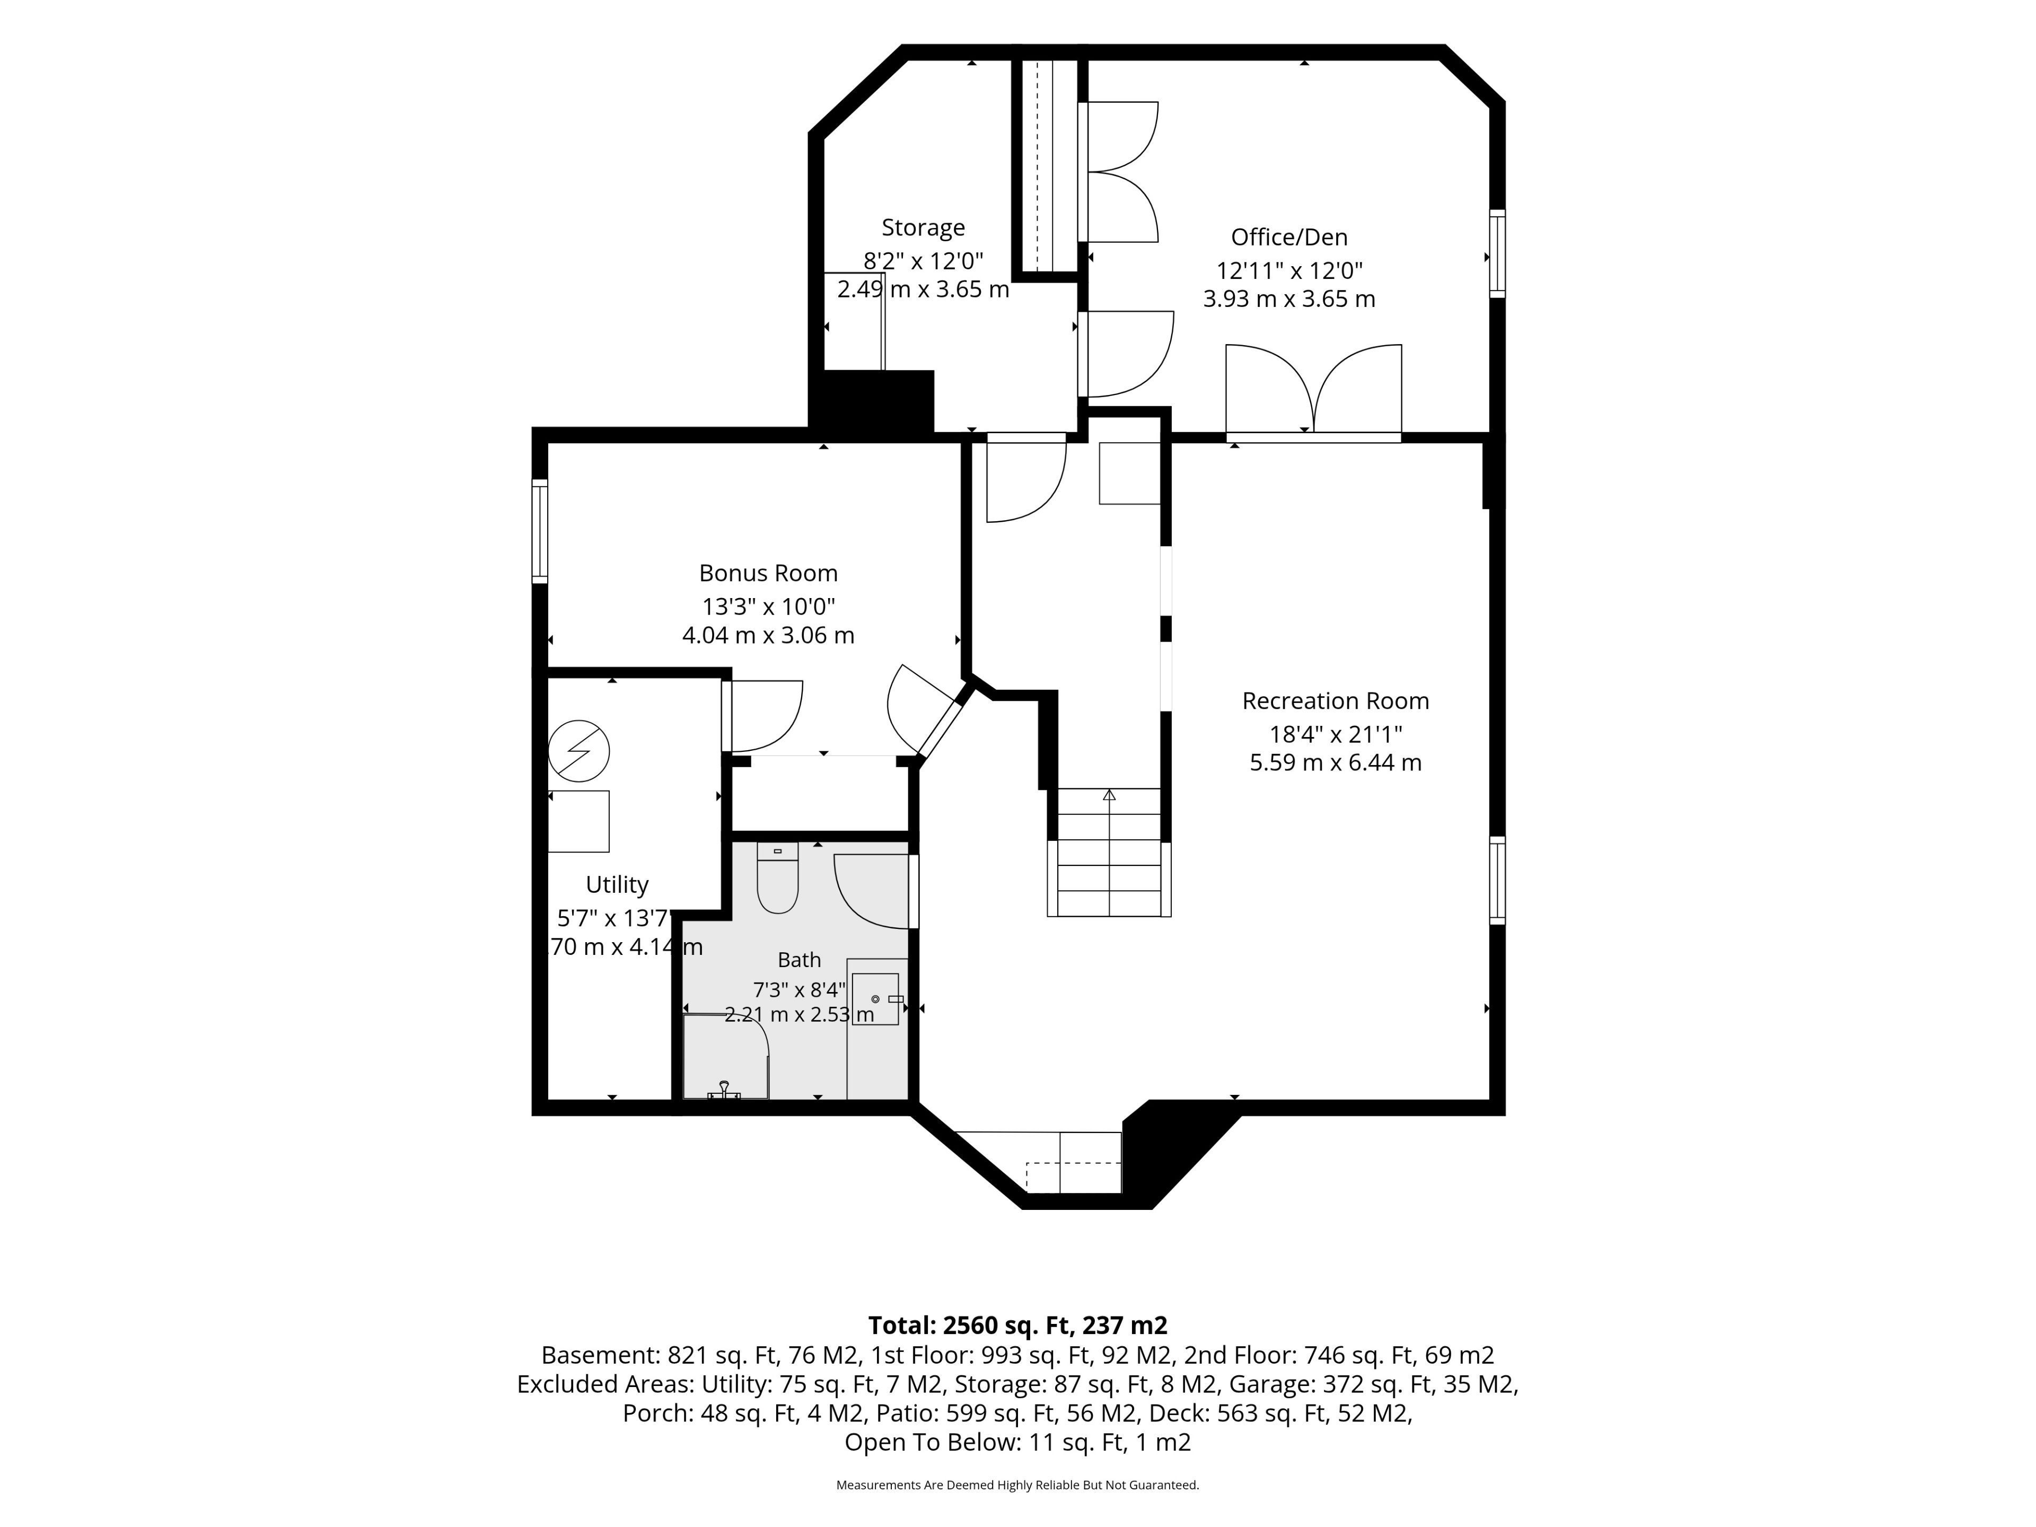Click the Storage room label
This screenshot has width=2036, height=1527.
point(923,227)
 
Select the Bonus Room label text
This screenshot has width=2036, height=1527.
point(769,574)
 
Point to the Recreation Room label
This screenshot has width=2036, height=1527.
point(1336,701)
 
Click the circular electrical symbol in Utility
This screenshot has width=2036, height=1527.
point(579,750)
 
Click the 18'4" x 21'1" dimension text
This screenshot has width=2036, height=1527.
point(1336,734)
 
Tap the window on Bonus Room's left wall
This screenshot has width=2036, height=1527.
point(540,531)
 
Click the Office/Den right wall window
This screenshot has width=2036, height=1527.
point(1497,254)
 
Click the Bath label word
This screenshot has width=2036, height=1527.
point(799,960)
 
